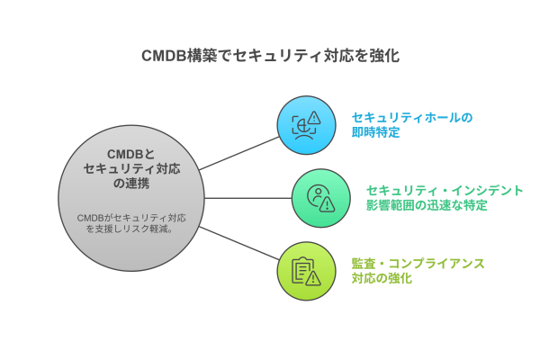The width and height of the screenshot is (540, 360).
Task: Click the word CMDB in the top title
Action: point(164,56)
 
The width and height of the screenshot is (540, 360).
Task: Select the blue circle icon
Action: point(306,125)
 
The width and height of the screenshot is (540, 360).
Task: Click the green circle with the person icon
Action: point(320,198)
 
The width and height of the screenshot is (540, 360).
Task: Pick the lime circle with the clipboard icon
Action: point(306,271)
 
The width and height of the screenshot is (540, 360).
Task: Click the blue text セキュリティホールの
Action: point(412,118)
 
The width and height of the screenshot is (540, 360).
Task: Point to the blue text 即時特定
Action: point(375,133)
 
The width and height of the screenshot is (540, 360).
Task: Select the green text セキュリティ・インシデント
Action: point(445,190)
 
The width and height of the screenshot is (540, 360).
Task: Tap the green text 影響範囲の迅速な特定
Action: point(427,206)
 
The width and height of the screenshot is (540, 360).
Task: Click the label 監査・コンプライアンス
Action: point(418,263)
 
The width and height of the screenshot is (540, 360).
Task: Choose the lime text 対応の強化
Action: point(382,279)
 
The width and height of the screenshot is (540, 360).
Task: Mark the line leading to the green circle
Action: point(248,198)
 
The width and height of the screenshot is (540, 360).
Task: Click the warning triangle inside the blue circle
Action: point(314,118)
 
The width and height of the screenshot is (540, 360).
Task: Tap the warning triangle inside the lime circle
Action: point(313,278)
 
